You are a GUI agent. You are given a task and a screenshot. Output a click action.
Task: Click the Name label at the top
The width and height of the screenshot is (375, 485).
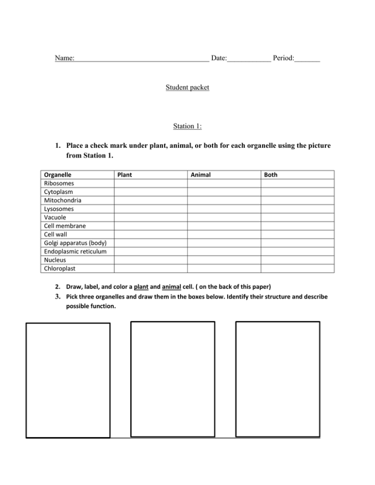(x=64, y=59)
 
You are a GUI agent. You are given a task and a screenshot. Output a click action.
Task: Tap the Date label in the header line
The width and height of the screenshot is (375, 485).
(x=219, y=59)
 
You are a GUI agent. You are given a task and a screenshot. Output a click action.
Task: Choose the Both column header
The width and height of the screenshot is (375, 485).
(x=271, y=174)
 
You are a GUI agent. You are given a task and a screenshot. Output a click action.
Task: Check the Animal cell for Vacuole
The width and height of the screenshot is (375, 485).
(x=224, y=217)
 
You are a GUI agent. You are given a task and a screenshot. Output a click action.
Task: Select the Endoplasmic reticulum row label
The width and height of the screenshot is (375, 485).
(x=75, y=251)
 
